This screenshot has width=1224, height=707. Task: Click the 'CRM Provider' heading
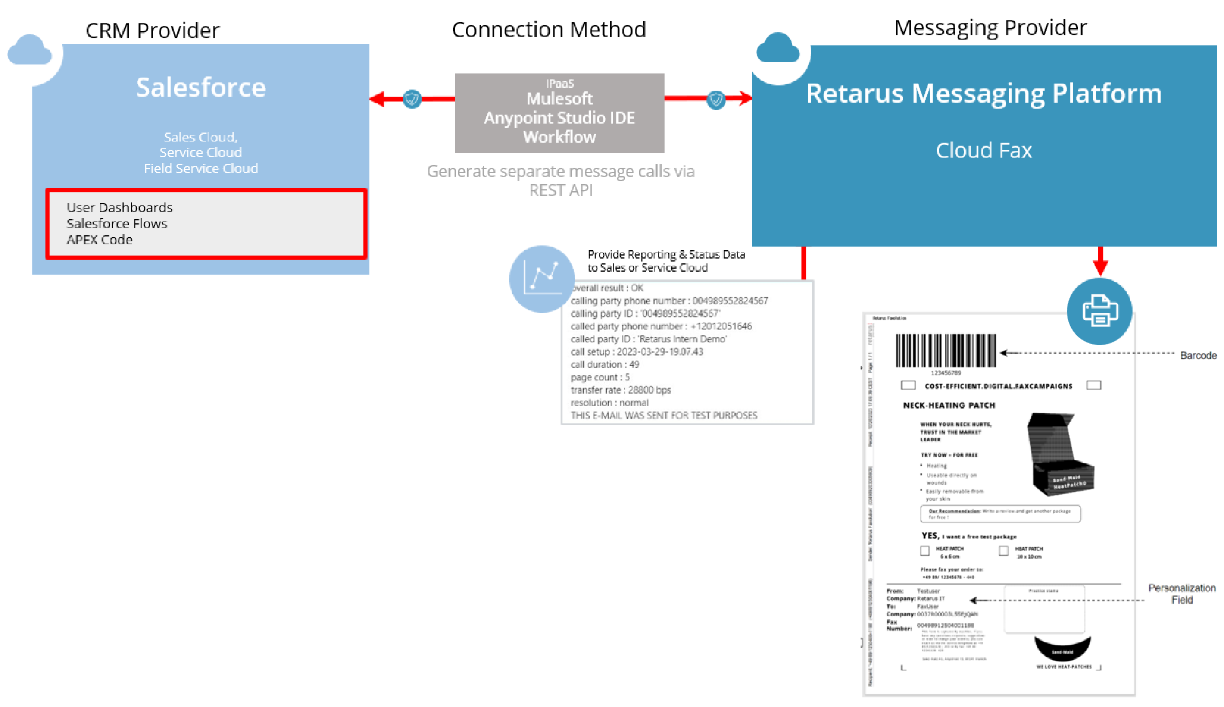(152, 31)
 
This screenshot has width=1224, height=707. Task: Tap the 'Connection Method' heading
(549, 30)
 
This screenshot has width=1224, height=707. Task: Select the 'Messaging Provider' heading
(990, 28)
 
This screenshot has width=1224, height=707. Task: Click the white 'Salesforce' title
(201, 88)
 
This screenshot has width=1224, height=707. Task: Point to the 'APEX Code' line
(100, 240)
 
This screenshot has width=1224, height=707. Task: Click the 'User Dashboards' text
(120, 208)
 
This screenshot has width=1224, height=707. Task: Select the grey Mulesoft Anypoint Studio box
(559, 113)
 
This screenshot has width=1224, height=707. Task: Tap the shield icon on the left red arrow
(412, 99)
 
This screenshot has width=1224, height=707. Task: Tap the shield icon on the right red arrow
(716, 99)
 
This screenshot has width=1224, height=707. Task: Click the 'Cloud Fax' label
(984, 150)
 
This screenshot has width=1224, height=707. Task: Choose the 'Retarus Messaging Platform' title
(984, 94)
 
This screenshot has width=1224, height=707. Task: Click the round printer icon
(1100, 311)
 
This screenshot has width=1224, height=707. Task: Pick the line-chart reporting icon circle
(541, 279)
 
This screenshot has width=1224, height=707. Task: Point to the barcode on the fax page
(945, 351)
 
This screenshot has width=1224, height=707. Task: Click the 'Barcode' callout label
(1198, 355)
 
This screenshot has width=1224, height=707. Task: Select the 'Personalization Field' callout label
(1182, 594)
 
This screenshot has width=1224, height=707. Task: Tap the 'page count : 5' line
(600, 377)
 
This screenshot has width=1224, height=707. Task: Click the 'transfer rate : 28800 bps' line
(620, 390)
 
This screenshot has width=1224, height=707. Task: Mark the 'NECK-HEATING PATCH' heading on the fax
(949, 405)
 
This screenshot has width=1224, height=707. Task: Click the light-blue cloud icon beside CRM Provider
(29, 50)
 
